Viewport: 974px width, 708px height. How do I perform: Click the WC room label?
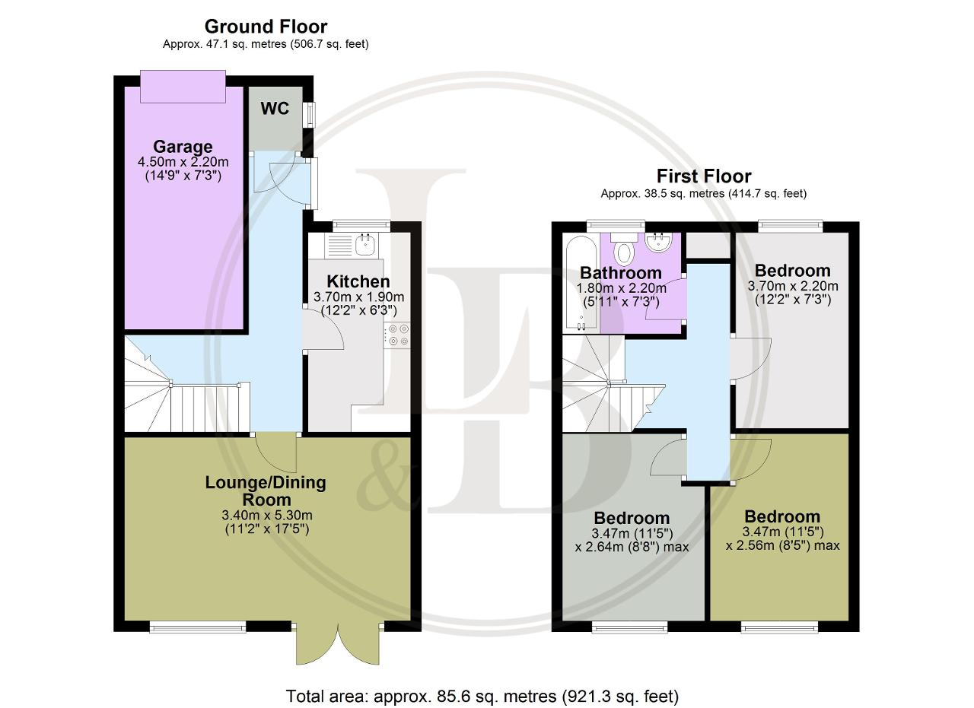coord(275,108)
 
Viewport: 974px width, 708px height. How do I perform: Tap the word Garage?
coord(183,147)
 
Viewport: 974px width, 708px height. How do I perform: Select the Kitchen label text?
coord(358,281)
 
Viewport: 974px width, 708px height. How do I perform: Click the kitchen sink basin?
coord(365,245)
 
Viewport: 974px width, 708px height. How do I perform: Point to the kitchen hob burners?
coord(397,335)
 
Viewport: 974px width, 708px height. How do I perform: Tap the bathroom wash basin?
coord(658,242)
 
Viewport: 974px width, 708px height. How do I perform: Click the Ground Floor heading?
coord(266,27)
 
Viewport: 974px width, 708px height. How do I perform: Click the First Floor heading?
coord(704,176)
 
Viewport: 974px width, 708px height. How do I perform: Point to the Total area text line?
coord(482,696)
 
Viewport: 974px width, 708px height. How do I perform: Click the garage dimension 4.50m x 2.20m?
coord(183,162)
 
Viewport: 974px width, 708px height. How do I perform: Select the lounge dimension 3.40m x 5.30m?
coord(267,515)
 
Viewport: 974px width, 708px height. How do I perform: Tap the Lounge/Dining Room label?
coord(266,491)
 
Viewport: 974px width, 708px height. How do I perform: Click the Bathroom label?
coord(621,273)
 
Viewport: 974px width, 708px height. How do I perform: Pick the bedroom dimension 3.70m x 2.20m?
coord(793,286)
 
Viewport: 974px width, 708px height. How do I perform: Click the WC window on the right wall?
coord(310,114)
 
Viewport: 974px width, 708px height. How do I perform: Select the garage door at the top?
coord(183,87)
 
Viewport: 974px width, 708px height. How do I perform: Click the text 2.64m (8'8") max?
coord(632,546)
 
